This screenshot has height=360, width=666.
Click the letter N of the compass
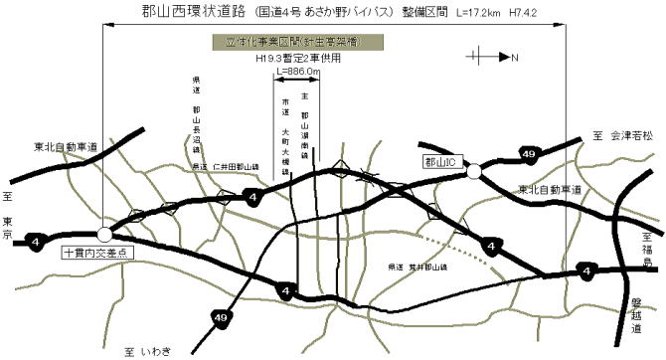pos(515,58)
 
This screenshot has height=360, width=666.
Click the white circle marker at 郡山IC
pos(474,172)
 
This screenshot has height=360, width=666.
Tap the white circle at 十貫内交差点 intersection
pos(104,235)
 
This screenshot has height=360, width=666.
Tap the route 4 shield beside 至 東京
pos(36,240)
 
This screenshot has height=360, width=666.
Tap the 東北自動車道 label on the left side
pos(66,146)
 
